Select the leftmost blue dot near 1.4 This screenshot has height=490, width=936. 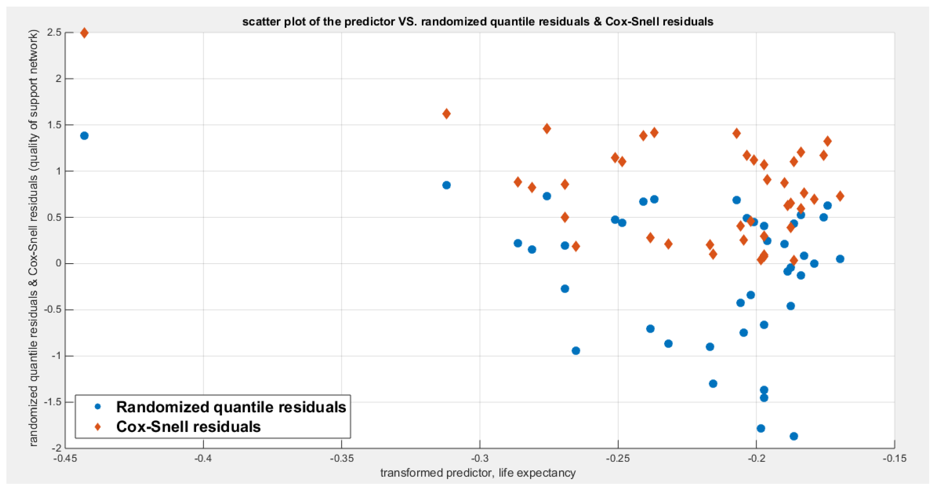point(84,136)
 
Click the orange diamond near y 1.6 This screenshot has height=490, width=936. point(447,114)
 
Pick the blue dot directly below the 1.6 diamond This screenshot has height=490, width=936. point(447,185)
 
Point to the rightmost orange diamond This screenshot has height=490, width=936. point(840,196)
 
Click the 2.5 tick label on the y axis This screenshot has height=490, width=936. point(54,33)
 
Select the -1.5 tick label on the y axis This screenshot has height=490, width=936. point(52,402)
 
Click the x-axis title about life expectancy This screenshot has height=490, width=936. point(478,473)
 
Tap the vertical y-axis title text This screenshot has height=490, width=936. point(33,238)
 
